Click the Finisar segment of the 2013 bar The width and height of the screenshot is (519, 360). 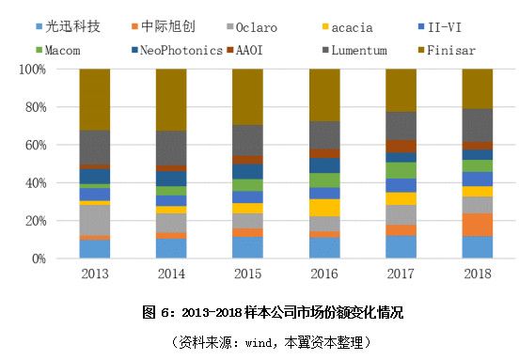[x=95, y=100]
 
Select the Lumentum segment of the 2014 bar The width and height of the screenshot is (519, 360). [x=172, y=148]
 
